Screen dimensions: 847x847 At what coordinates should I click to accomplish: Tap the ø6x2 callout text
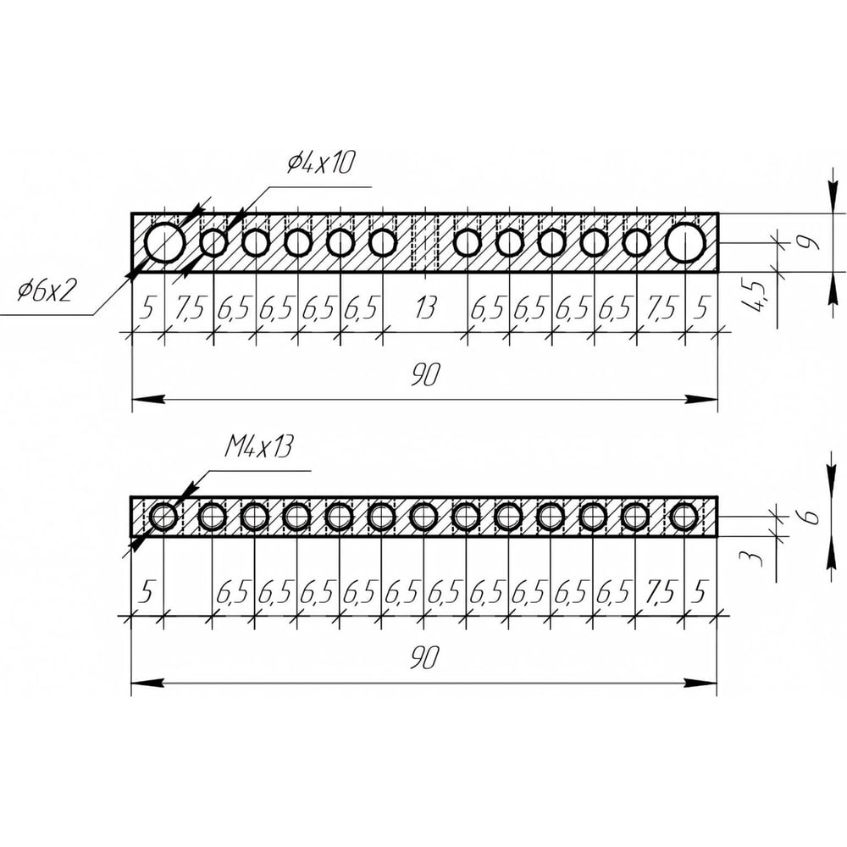[x=47, y=292]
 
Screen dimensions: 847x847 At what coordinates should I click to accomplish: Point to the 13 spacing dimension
[x=425, y=309]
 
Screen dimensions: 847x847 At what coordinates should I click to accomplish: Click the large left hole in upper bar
[x=164, y=243]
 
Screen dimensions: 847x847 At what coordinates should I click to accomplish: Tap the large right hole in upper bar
[x=685, y=243]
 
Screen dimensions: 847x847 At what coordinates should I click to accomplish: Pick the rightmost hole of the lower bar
[x=684, y=516]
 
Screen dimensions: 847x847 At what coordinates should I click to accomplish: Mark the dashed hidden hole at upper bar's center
[x=424, y=243]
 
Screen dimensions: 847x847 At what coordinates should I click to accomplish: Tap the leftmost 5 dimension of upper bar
[x=147, y=309]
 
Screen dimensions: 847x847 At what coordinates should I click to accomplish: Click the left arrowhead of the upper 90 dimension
[x=144, y=398]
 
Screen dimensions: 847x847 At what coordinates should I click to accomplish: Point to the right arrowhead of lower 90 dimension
[x=706, y=682]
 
